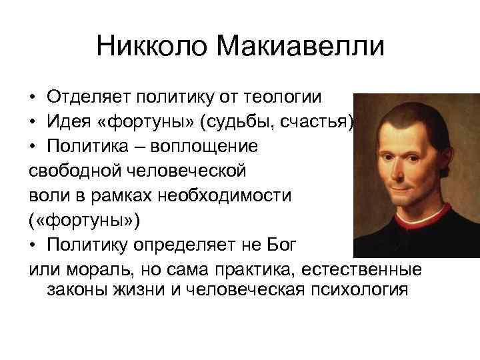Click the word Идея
coord(69,121)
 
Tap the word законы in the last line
coord(77,290)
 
